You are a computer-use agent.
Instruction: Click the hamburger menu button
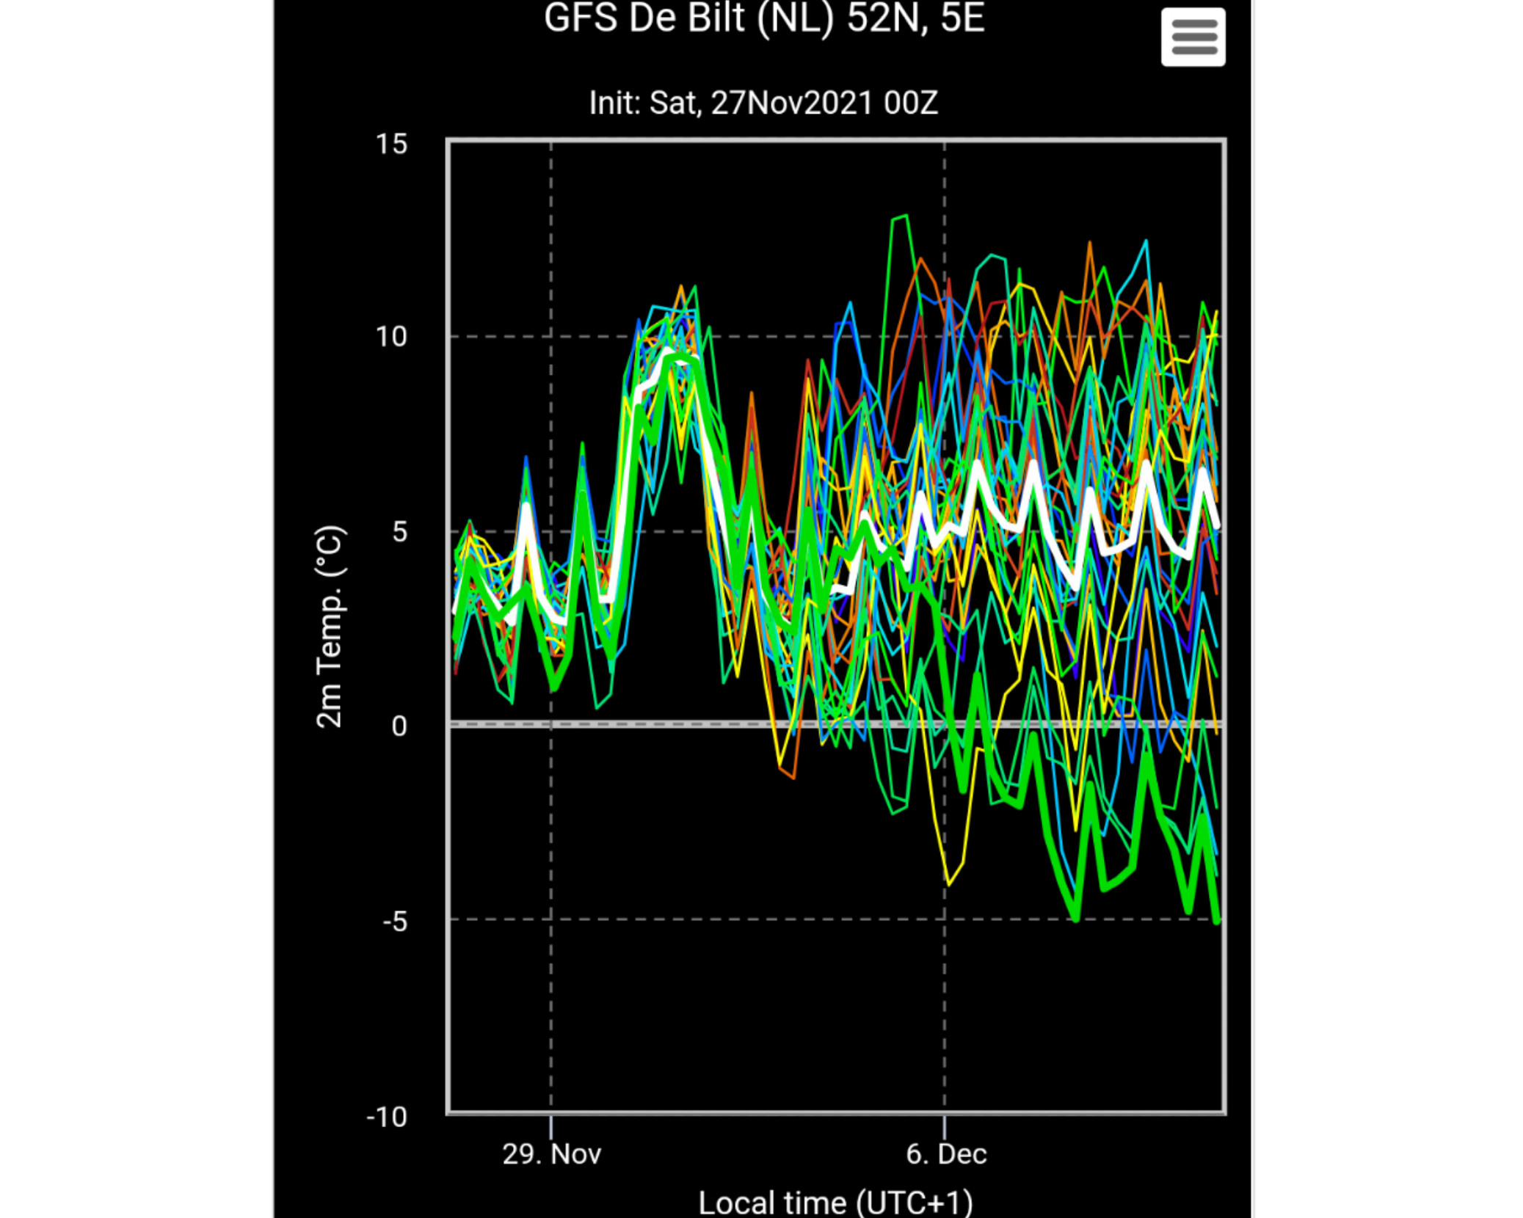tap(1193, 37)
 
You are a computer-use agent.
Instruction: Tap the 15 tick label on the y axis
tap(391, 144)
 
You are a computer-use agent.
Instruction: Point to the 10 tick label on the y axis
tap(391, 337)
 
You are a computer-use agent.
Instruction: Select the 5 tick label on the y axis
tap(399, 531)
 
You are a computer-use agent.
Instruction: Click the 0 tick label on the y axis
tap(399, 726)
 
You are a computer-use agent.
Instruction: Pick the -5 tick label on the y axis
tap(395, 921)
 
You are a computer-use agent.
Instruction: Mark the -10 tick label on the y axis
tap(387, 1117)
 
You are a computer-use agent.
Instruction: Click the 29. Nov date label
tap(552, 1154)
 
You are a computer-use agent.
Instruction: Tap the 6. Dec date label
tap(946, 1154)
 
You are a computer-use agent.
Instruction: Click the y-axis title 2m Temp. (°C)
tap(330, 627)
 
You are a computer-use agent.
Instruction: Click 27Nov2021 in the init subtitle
tap(792, 103)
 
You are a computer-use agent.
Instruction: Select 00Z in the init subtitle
tap(911, 103)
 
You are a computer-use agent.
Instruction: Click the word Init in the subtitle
tap(615, 103)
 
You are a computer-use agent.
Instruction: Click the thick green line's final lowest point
tap(1217, 921)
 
